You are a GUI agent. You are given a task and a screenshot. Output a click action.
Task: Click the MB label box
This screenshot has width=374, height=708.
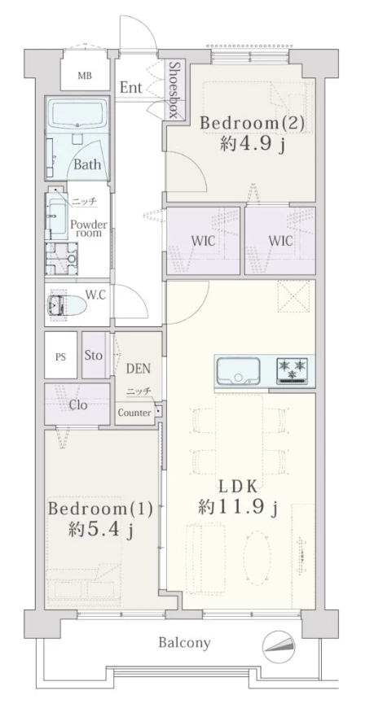point(85,76)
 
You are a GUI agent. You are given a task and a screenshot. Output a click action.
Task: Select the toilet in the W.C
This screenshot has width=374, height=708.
point(67,305)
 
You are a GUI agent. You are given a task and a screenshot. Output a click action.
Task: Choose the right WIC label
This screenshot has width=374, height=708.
point(279,243)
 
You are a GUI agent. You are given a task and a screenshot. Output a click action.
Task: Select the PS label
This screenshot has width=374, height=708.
point(60,356)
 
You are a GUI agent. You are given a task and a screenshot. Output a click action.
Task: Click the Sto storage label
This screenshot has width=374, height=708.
point(94,355)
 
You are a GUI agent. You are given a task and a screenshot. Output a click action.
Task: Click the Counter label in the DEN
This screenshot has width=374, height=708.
point(134,413)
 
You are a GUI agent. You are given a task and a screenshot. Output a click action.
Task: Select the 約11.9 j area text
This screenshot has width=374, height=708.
point(240,508)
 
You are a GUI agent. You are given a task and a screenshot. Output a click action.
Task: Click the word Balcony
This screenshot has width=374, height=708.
point(184,643)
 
